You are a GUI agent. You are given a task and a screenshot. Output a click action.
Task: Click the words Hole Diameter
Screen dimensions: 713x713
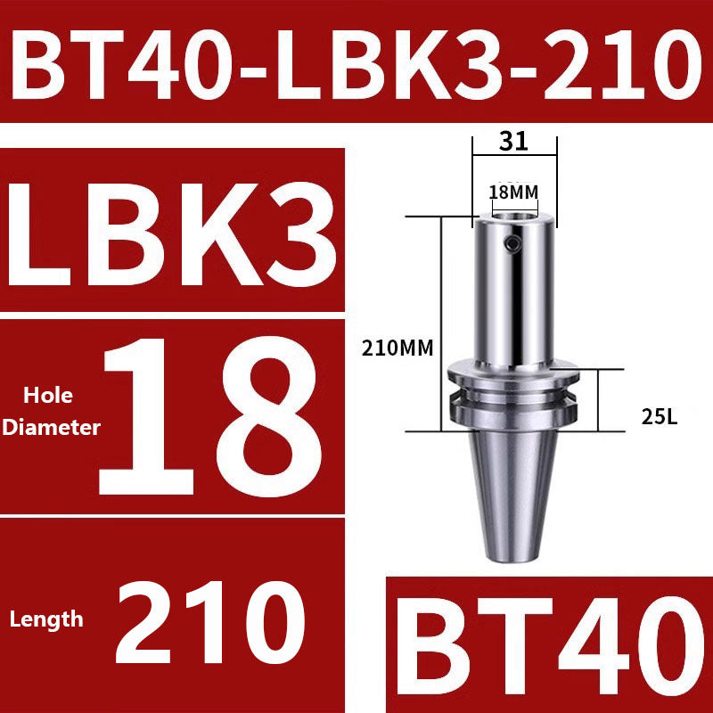click(x=51, y=412)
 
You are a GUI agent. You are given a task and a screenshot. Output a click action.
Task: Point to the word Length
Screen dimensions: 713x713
click(x=46, y=618)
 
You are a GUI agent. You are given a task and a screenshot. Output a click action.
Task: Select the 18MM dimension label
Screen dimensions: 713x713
click(x=514, y=192)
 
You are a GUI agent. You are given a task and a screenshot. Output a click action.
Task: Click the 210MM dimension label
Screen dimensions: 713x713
click(x=397, y=348)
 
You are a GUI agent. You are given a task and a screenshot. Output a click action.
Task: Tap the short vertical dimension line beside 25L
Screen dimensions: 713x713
click(x=599, y=401)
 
